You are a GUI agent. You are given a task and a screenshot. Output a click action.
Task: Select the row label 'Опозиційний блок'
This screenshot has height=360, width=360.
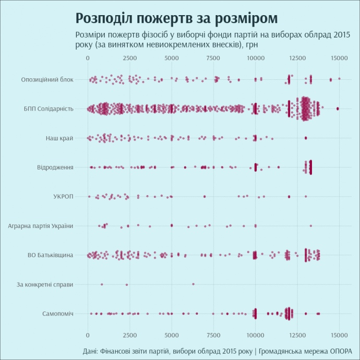47,79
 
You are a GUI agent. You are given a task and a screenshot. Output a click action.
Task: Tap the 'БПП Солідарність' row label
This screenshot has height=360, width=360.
49,109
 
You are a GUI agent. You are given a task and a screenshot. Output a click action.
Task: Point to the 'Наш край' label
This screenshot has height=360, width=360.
59,138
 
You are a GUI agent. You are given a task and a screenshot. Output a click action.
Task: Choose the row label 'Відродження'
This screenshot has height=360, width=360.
55,167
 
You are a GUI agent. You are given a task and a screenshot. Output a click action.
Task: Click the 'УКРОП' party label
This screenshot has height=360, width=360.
63,196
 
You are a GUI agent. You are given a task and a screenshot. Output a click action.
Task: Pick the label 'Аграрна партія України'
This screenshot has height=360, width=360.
41,226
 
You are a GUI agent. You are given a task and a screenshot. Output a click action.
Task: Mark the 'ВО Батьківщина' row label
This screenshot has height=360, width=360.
50,255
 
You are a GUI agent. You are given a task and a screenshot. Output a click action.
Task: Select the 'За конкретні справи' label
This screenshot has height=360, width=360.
45,284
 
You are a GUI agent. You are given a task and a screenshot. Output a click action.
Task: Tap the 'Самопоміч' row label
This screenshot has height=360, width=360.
57,314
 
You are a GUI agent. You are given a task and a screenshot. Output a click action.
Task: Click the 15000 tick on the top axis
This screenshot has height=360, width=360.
340,58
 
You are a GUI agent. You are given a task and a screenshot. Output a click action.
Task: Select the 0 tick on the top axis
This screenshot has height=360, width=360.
88,58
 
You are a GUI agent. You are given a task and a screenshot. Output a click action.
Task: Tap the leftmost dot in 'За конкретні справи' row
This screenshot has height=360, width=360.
101,284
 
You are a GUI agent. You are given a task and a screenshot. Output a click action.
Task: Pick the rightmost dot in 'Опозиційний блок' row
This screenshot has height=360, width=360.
339,79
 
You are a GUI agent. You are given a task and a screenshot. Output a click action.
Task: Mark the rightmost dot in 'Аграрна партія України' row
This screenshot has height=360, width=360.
310,226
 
